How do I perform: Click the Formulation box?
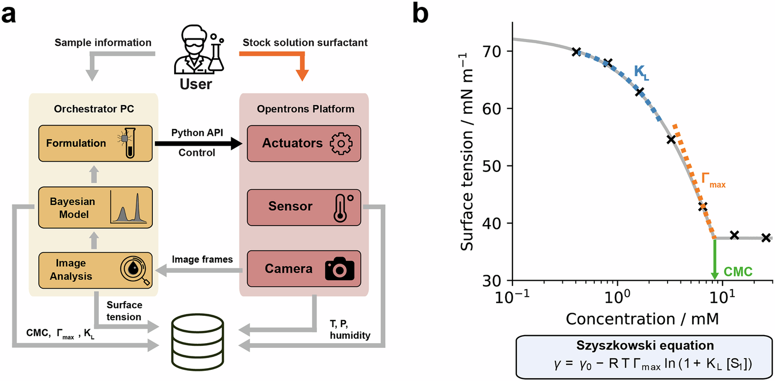[94, 143]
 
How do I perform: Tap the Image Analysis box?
[94, 268]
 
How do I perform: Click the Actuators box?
[304, 143]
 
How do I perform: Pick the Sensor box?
[304, 206]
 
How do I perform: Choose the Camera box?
[304, 268]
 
